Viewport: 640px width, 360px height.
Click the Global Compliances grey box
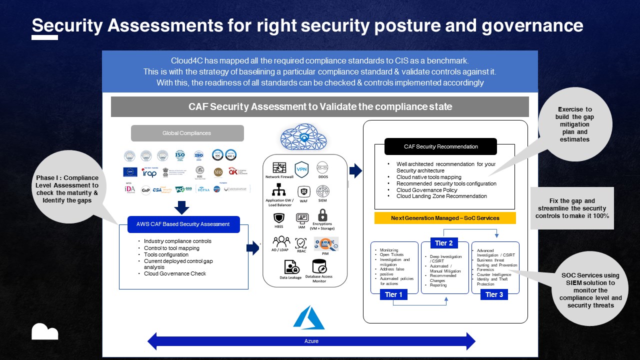(187, 133)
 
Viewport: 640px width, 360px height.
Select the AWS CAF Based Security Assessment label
(179, 224)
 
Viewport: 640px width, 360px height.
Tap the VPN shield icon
(301, 169)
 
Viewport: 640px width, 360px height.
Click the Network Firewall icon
(279, 168)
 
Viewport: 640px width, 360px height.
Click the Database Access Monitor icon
(319, 266)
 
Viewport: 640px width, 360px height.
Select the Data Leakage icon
(290, 267)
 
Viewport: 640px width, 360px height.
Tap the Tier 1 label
(394, 294)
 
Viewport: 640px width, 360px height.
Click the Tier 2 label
(443, 243)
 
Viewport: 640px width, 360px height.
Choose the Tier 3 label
(494, 294)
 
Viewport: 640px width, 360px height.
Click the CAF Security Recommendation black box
(440, 146)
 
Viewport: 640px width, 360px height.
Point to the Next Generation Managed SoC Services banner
(444, 218)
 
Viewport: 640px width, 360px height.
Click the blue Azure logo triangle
(309, 318)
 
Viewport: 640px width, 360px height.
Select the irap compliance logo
(149, 172)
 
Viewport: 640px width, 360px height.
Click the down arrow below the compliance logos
(183, 207)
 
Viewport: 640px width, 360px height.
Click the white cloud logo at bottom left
(44, 331)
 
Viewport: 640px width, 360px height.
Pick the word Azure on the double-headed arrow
(311, 341)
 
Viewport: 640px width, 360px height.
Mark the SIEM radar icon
(323, 191)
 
